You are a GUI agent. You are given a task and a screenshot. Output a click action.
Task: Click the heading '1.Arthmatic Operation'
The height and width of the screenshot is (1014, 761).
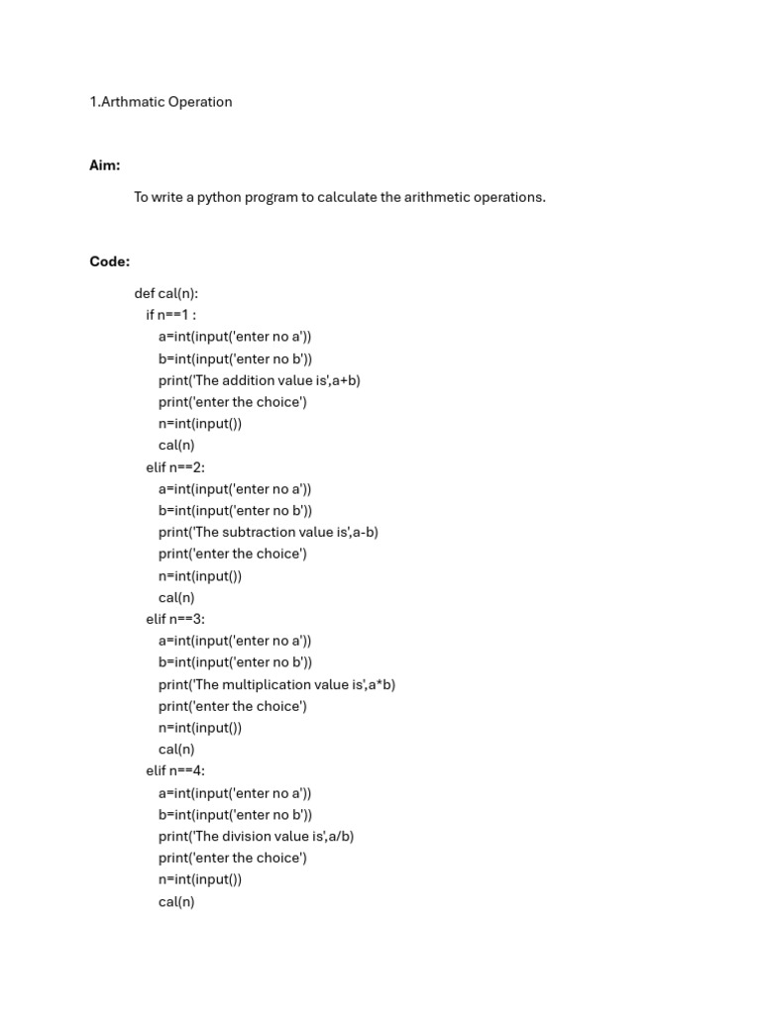(161, 102)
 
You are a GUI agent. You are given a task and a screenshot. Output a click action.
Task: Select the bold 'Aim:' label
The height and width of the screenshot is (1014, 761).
(105, 165)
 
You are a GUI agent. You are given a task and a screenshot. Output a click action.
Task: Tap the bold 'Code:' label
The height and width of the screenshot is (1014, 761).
(109, 261)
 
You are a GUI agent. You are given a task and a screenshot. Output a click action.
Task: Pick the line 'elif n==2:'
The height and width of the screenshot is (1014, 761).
(175, 467)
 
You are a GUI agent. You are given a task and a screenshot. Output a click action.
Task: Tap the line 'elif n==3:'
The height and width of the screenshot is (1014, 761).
(175, 619)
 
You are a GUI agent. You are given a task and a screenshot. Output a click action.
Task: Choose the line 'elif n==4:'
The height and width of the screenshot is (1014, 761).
(175, 770)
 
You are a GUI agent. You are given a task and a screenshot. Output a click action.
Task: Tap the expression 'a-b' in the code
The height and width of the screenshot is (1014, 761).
(366, 533)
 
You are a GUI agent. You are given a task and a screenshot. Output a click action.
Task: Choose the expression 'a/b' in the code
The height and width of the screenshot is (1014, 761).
(341, 836)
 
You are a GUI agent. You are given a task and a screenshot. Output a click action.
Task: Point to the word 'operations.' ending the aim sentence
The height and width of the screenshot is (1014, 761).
(510, 197)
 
